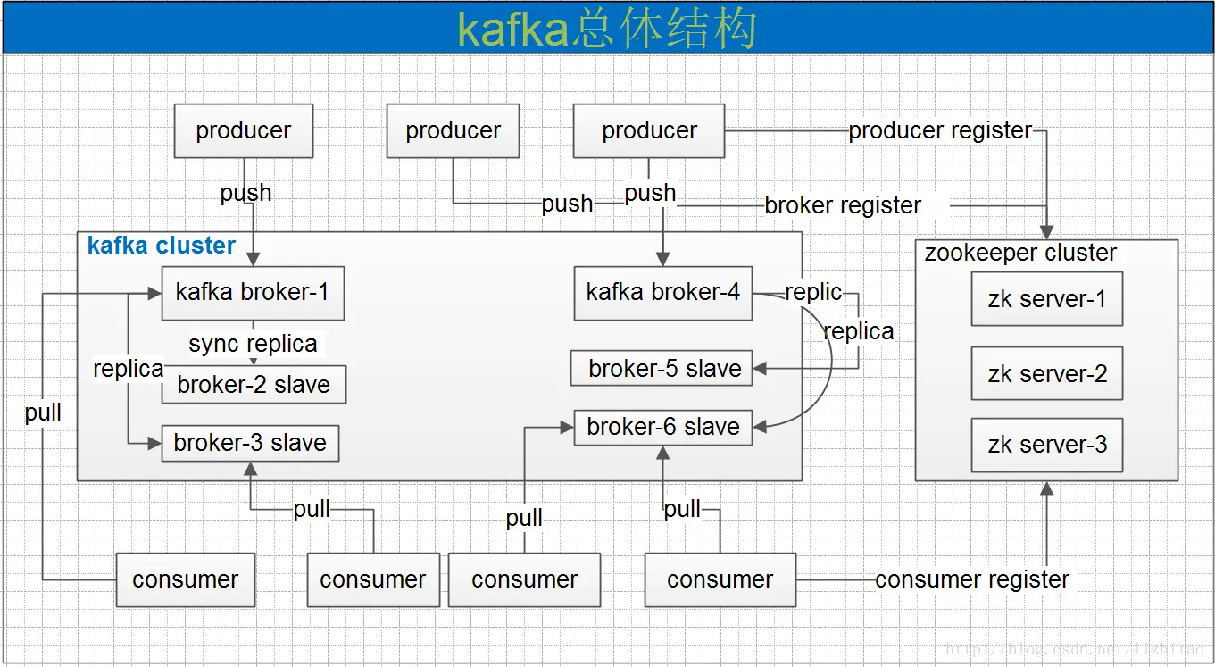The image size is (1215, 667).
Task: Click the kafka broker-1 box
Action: tap(253, 293)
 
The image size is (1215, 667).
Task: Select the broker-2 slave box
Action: tap(254, 385)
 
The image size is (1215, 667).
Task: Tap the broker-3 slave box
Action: tap(250, 443)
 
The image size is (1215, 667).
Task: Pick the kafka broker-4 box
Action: tap(662, 293)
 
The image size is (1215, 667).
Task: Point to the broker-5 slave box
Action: tap(662, 369)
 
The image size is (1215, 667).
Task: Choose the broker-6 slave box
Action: tap(662, 427)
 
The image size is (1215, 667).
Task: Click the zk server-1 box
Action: tap(1046, 299)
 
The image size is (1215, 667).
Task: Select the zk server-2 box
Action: tap(1046, 373)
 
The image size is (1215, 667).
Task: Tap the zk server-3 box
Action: tap(1046, 445)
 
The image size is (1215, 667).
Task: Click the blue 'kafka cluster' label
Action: tap(162, 246)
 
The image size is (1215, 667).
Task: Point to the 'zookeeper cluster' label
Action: tap(1019, 253)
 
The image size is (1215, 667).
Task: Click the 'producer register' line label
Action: tap(940, 130)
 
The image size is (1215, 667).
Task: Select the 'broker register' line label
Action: tap(843, 205)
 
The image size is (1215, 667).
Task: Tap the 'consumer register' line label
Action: tap(972, 579)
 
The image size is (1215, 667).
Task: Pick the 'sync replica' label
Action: tap(253, 344)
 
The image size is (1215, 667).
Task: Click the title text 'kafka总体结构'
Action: tap(607, 29)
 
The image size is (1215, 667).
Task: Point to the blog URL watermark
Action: tap(1075, 650)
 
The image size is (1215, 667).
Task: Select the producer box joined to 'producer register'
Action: tap(649, 130)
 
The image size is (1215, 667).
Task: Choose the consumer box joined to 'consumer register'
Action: tap(720, 579)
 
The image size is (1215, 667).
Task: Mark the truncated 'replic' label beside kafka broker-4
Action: tap(813, 292)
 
